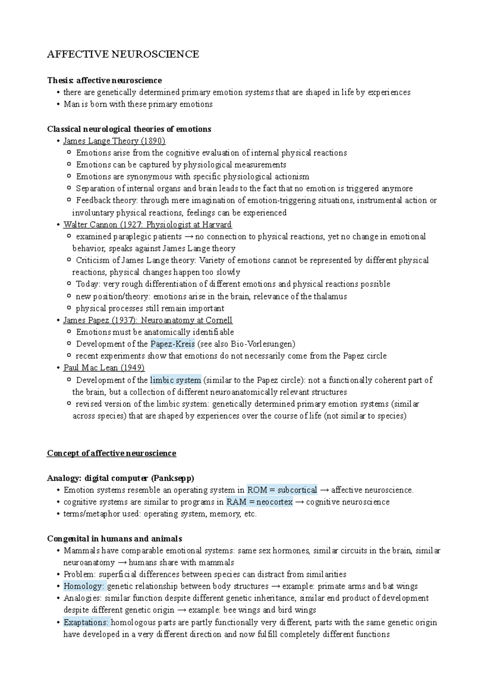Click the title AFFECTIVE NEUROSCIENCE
[x=123, y=54]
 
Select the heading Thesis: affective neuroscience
[x=104, y=81]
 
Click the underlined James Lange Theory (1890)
[x=114, y=141]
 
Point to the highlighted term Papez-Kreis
[x=172, y=344]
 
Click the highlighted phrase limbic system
[x=176, y=380]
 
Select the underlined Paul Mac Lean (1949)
[x=104, y=368]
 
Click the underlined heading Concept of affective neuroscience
[x=111, y=453]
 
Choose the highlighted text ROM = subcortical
[x=282, y=490]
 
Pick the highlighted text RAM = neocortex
[x=259, y=502]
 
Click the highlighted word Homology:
[x=84, y=587]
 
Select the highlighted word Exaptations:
[x=86, y=622]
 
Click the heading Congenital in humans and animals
[x=115, y=539]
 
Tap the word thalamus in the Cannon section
[x=330, y=297]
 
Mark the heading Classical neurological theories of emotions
[x=129, y=129]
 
